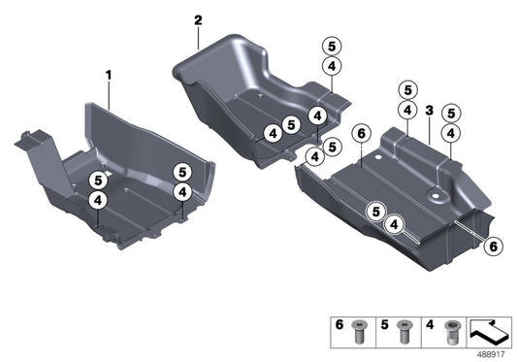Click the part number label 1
coord(110,74)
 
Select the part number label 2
coord(198,20)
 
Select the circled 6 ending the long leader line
coord(493,247)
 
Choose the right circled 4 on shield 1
coord(181,192)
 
